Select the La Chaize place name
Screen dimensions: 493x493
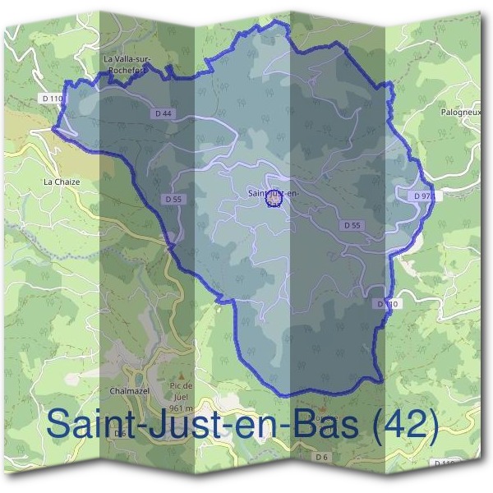[60, 179]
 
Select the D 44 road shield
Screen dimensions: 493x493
[162, 113]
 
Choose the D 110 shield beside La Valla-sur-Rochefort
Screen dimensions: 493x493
[51, 99]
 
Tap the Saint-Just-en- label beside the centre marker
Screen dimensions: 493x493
[270, 193]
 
